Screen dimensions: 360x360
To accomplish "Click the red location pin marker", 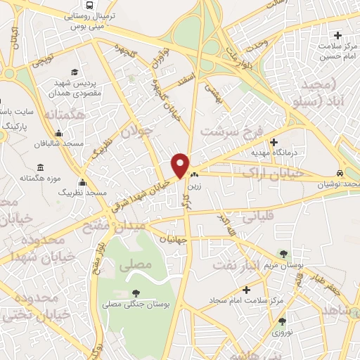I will click(x=180, y=166).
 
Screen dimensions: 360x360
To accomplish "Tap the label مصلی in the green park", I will click(x=135, y=266).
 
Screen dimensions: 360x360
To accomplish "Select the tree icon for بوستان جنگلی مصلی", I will click(x=136, y=294).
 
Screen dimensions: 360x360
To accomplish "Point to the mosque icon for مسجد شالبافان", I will click(x=58, y=134).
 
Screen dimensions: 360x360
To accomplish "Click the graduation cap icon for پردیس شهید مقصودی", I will click(x=75, y=72).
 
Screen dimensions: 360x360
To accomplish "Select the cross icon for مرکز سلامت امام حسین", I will click(x=338, y=35).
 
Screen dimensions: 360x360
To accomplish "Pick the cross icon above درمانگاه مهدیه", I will click(x=274, y=141).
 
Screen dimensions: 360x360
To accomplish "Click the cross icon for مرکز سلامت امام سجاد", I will click(x=245, y=289).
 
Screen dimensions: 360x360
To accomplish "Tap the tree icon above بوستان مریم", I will click(x=283, y=254).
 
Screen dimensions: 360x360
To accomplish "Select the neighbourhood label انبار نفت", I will click(x=262, y=265).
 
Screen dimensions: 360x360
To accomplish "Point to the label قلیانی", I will click(x=258, y=217).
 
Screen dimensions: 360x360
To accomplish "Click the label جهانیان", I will click(x=173, y=239).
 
